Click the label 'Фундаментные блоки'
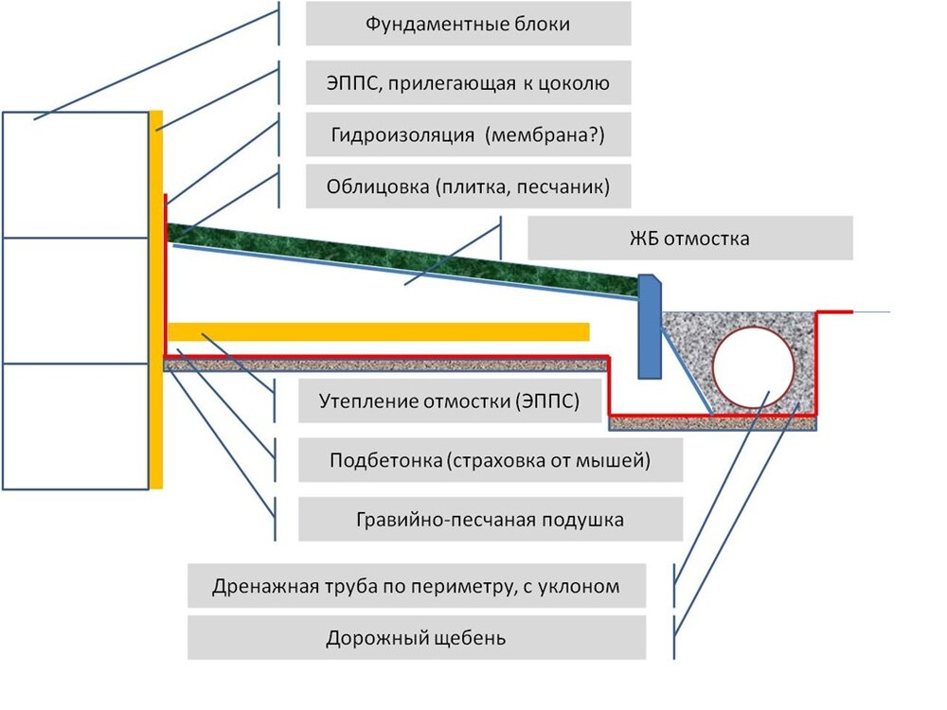coord(468,24)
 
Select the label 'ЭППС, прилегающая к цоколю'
coord(468,82)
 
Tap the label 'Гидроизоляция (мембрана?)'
coord(468,134)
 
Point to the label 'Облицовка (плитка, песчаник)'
coord(468,186)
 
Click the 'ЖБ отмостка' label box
coord(689,239)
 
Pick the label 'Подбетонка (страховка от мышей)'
coord(491,462)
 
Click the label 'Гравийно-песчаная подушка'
coord(491,520)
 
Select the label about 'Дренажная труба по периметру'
coord(417,586)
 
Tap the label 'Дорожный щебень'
coord(417,638)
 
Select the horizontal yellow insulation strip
coord(379,331)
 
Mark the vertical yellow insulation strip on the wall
coord(156,303)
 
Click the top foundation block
coord(76,175)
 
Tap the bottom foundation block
coord(76,426)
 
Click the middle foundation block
coord(76,300)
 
